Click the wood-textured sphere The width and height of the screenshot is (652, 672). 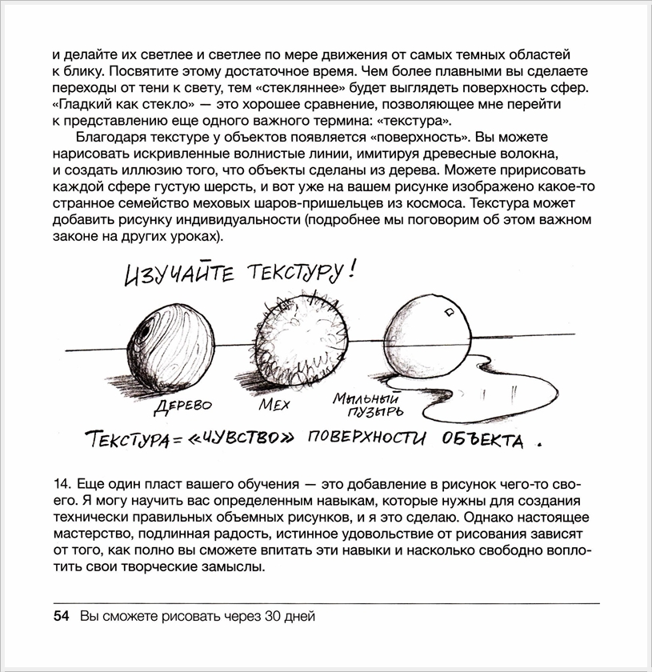[x=168, y=340]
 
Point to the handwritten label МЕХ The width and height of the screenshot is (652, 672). [x=274, y=405]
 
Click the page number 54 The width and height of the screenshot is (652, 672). [x=61, y=616]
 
